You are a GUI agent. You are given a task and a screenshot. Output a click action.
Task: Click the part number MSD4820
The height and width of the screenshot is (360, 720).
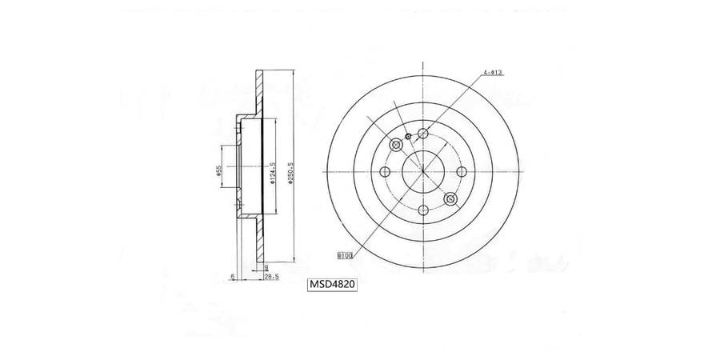[x=334, y=284]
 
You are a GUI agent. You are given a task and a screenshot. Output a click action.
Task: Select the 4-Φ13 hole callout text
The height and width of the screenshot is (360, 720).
[x=492, y=73]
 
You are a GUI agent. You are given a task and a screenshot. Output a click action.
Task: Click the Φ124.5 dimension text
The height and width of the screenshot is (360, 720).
[x=273, y=173]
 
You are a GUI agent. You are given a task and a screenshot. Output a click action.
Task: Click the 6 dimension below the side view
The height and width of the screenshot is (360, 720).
[x=231, y=276]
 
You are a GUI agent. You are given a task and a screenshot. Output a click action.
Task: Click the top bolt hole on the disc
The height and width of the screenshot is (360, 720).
[x=422, y=134]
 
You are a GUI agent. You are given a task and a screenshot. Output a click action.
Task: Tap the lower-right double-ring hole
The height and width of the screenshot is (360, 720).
[x=450, y=200]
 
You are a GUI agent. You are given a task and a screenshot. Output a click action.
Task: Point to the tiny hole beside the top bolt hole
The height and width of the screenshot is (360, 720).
[x=408, y=137]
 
